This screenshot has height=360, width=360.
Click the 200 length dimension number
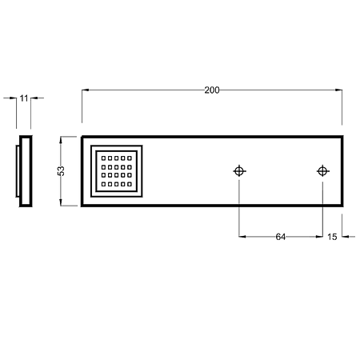point(212,90)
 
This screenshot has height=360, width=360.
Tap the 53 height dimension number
point(61,171)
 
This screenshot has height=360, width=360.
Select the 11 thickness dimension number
point(24,98)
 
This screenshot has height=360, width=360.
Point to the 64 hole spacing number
point(281,237)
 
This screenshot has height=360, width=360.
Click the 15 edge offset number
point(332,237)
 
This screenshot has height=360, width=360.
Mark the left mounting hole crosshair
point(239,171)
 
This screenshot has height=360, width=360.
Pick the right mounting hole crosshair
point(322,171)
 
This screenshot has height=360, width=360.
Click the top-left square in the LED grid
point(103,158)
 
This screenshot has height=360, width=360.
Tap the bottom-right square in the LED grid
point(130,184)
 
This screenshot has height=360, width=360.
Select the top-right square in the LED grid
point(130,158)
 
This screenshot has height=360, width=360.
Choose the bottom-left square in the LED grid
point(103,184)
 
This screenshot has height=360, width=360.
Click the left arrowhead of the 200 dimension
point(85,90)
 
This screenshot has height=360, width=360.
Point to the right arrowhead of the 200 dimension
point(339,90)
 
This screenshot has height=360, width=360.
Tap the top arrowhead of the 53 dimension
point(61,140)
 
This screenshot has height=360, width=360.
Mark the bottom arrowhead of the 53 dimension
point(61,202)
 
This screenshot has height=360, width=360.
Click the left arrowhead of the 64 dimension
point(242,237)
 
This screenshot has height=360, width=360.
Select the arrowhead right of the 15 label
point(346,237)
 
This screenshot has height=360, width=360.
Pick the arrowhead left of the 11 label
point(13,98)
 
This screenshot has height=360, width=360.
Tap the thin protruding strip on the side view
point(17,171)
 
